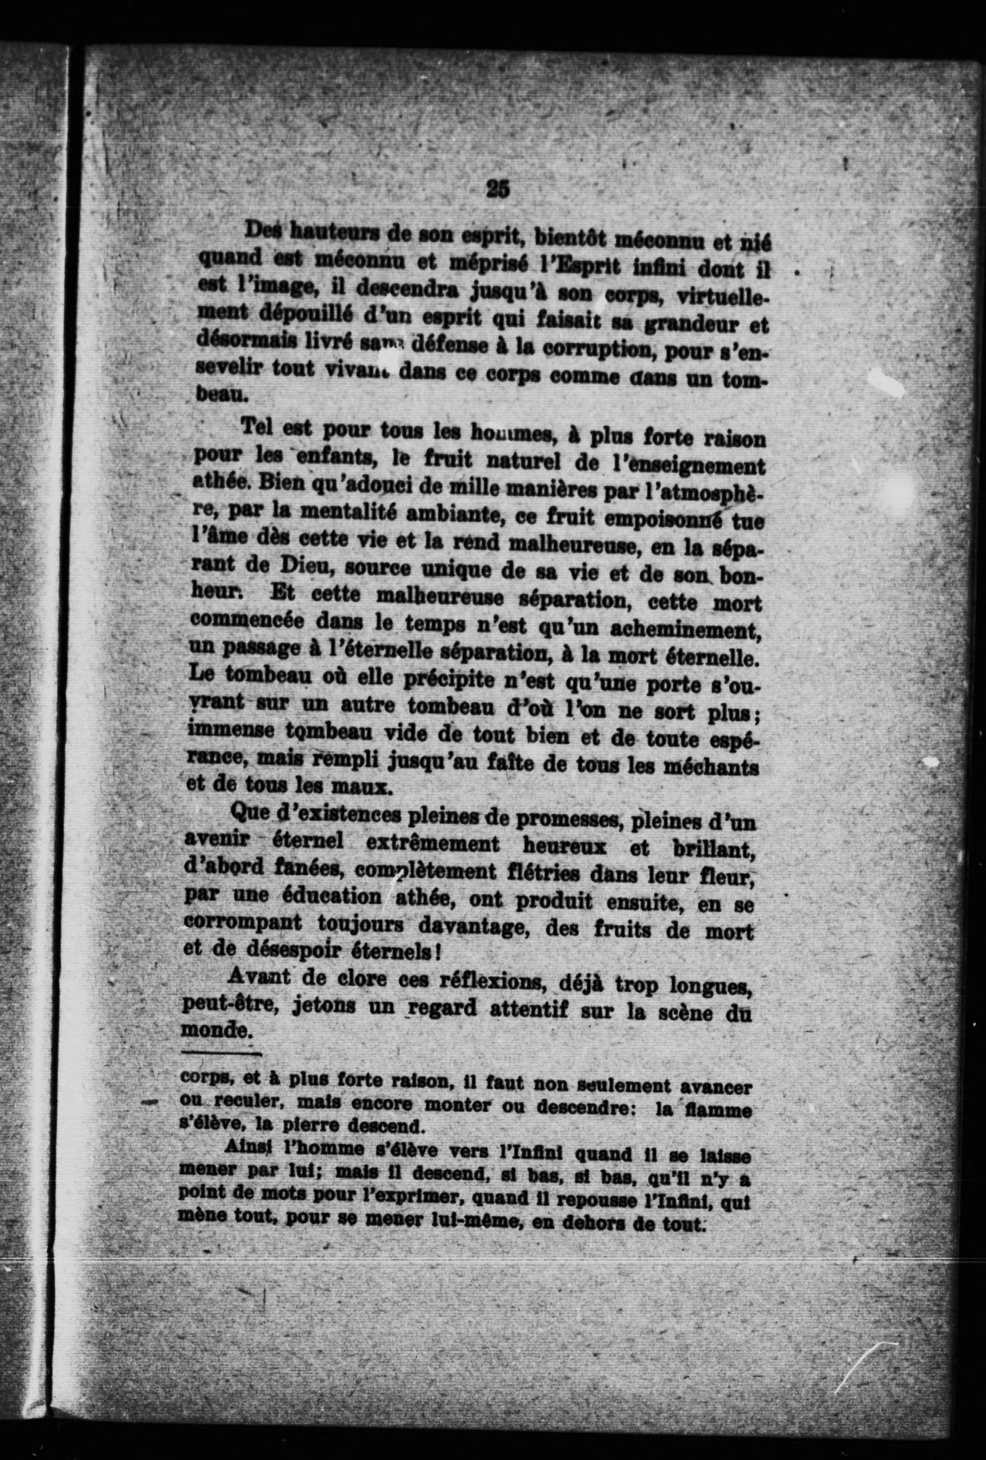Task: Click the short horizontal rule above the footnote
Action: (x=220, y=1053)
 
